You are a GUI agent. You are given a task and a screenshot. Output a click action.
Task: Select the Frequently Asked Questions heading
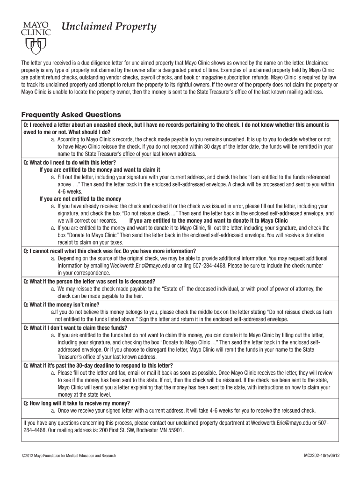point(71,115)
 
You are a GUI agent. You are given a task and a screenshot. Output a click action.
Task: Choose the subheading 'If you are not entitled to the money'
point(80,199)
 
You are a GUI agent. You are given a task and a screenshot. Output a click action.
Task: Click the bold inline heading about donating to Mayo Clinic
point(208,220)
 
